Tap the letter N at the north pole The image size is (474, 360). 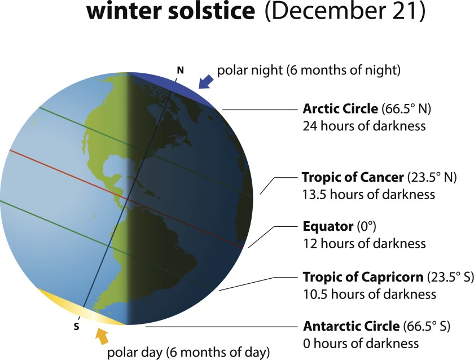tap(180, 70)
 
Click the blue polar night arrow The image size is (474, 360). tap(205, 80)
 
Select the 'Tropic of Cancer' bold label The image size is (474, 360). tap(353, 178)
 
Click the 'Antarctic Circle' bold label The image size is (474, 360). tap(352, 327)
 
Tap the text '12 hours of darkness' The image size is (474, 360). tap(364, 244)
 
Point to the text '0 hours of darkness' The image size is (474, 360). tap(361, 343)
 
